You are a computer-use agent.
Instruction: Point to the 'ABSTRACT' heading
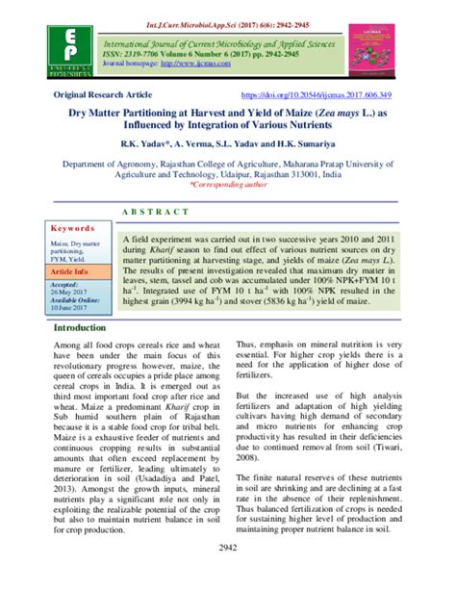pos(227,212)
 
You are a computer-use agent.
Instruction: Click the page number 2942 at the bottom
pos(227,575)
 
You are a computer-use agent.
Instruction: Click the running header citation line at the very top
pos(227,7)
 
